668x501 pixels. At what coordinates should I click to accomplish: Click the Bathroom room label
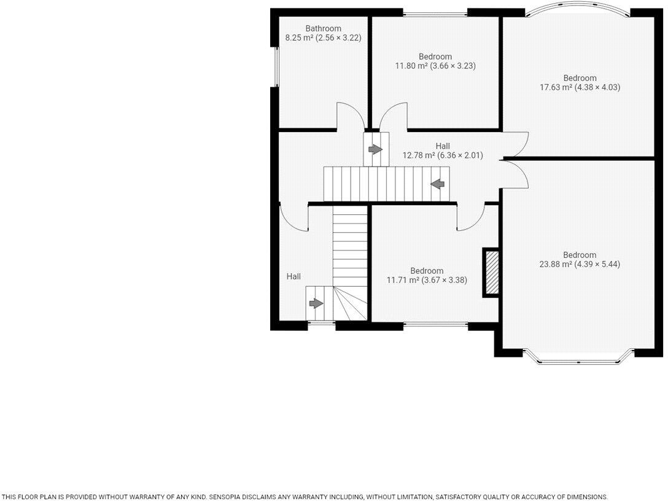coord(324,28)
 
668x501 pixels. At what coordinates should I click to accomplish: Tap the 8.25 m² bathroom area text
coord(323,37)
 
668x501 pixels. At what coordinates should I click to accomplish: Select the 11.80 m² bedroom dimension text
coord(435,66)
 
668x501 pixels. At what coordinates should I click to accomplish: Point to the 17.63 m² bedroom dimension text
coord(580,87)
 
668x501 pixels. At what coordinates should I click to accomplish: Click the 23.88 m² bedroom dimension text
coord(580,264)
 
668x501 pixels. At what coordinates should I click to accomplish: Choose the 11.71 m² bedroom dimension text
coord(427,280)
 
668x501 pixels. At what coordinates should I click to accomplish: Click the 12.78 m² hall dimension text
coord(442,155)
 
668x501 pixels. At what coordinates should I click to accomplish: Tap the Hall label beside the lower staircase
coord(293,277)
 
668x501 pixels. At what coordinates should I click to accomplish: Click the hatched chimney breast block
coord(491,273)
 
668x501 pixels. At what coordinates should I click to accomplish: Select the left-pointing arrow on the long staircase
coord(438,183)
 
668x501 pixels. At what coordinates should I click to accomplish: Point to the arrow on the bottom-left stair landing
coord(316,303)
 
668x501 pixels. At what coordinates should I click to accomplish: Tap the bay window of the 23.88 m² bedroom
coord(578,359)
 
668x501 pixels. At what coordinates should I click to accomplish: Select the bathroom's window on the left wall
coord(276,66)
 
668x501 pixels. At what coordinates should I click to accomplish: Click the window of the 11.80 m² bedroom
coord(435,13)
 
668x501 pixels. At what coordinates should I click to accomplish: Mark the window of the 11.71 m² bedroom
coord(435,325)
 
